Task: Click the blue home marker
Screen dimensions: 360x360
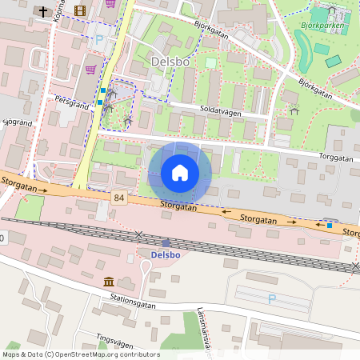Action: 180,173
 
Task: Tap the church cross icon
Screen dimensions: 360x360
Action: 42,11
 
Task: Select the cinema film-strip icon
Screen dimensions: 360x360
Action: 78,10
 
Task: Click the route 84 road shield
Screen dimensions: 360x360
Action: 119,198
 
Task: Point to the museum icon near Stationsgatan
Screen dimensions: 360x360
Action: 108,281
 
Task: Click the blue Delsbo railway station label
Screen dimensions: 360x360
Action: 166,254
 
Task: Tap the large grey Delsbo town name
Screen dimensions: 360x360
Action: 170,61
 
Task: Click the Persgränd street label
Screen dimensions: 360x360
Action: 70,102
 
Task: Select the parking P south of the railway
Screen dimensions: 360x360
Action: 271,298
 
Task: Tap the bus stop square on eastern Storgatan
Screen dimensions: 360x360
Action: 329,226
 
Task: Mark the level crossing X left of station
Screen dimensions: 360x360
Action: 140,235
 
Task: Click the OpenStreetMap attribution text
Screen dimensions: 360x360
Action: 81,354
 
